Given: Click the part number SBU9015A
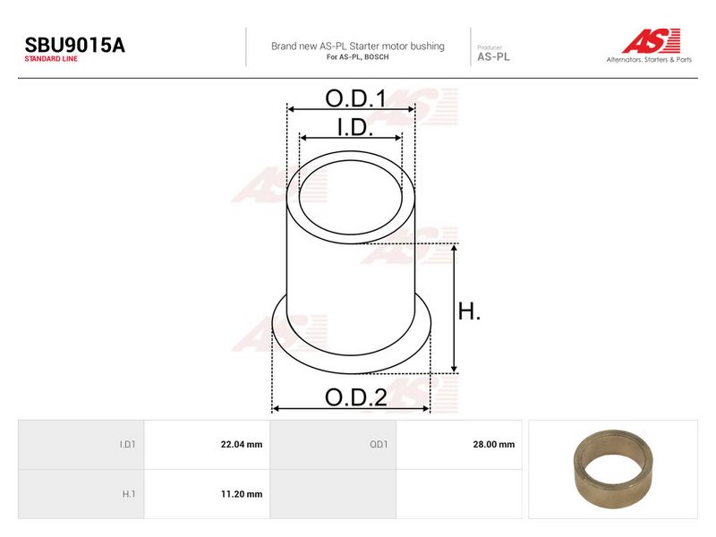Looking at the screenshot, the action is point(75,46).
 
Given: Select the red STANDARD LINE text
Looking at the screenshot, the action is point(51,59).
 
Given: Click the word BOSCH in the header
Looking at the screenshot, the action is point(377,57).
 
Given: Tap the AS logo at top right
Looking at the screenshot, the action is point(652,40).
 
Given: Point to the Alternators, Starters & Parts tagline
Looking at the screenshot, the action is point(649,59).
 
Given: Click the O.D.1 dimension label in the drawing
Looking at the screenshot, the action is point(355,98).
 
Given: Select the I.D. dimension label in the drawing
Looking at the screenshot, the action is point(355,127).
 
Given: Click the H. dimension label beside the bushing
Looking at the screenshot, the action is point(469,311).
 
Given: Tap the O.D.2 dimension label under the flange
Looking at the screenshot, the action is point(356,397).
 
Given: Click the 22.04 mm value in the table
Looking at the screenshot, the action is point(242,444).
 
